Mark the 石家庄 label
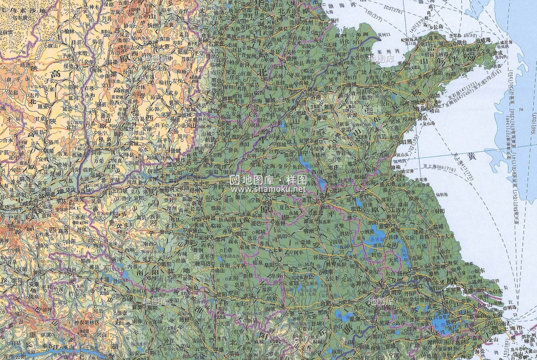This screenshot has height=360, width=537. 216,44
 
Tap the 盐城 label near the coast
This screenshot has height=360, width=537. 438,227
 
